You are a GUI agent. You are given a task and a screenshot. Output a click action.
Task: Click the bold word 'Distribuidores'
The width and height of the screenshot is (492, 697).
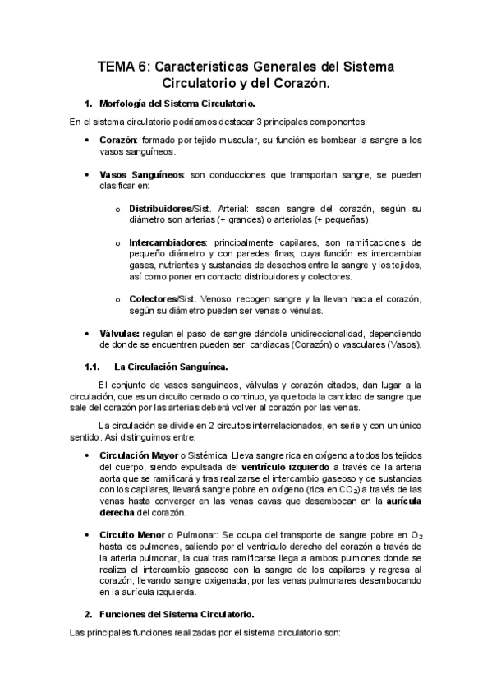[159, 208]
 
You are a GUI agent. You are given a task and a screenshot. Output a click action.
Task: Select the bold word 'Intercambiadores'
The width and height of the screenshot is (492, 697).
[167, 242]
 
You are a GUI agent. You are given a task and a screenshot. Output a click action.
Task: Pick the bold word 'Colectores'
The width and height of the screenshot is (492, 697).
[153, 298]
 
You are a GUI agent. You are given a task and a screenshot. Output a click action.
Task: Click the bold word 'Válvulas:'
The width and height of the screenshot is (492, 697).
[119, 333]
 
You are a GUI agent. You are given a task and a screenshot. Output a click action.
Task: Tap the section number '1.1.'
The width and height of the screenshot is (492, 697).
[93, 366]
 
